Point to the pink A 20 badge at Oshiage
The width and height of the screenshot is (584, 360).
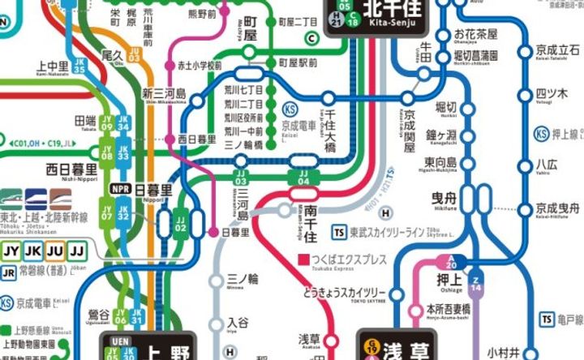tap(450, 263)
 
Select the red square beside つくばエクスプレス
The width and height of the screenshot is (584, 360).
tap(303, 259)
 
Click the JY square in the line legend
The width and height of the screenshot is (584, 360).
tap(11, 251)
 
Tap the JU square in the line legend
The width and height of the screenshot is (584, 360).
tap(55, 251)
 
